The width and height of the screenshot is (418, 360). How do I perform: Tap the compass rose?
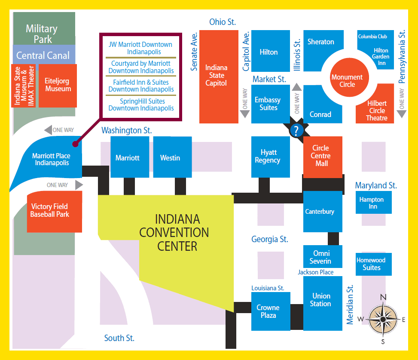point(383,319)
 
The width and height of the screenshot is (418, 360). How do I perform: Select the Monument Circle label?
point(347,81)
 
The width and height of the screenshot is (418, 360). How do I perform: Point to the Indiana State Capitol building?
point(217,76)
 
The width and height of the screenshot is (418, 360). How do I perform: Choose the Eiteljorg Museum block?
point(58,85)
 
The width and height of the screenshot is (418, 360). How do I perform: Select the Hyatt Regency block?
point(268,157)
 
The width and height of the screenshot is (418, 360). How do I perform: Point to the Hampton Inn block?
point(373,203)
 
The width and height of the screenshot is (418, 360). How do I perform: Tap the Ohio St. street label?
point(223,22)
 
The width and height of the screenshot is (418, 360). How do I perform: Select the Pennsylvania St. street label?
point(403,56)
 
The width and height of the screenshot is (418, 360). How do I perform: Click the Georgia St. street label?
point(270,239)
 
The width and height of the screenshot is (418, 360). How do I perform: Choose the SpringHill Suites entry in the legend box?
point(141,105)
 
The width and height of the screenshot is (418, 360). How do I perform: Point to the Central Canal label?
point(43,55)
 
